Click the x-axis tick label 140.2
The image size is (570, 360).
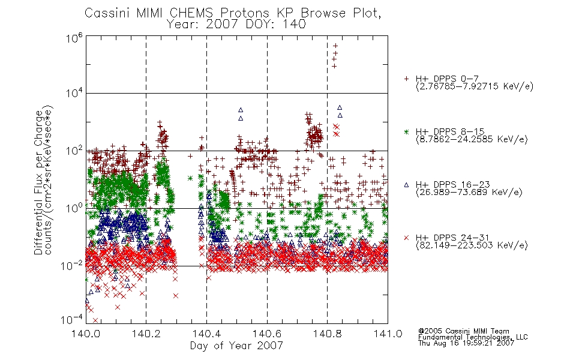pos(146,334)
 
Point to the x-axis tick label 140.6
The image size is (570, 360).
pos(267,334)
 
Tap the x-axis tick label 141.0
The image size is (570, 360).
pos(388,334)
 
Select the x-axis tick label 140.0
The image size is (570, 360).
pos(86,334)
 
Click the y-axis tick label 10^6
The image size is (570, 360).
pos(74,38)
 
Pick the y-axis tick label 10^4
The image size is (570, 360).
pos(74,94)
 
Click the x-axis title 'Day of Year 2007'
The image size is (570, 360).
pos(236,346)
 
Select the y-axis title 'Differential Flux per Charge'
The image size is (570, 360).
pos(38,182)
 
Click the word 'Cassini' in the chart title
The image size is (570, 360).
pos(108,13)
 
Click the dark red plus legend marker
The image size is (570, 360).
pos(406,79)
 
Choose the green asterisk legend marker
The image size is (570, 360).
pos(406,131)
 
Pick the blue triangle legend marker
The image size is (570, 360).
pos(406,185)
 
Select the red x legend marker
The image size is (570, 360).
pos(406,238)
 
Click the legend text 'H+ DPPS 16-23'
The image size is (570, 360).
pos(452,184)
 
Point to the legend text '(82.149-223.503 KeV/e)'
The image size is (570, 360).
pos(472,245)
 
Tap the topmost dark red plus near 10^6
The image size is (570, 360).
pos(335,46)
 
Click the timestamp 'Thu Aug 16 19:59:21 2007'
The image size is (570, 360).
pos(466,343)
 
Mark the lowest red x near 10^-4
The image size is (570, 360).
pos(95,320)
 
